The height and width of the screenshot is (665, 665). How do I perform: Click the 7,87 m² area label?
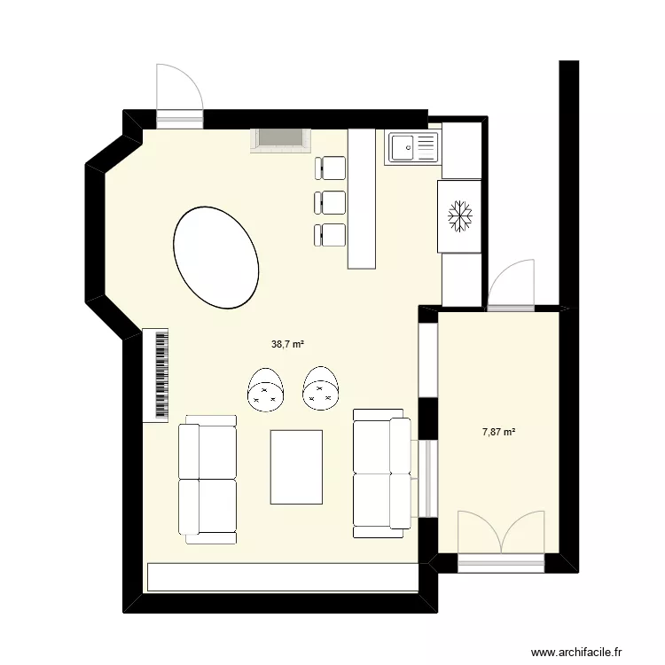pos(499,432)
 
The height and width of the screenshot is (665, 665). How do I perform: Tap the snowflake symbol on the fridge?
pos(459,215)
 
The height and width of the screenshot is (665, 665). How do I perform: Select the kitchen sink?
pos(412,147)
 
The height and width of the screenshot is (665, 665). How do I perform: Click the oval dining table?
pos(216,257)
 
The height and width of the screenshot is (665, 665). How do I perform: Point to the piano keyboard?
pos(157,375)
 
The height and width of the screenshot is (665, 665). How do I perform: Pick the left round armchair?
pos(266,390)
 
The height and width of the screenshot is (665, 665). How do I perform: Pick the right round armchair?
pos(322,390)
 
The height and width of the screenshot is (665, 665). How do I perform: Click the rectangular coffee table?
pos(296,465)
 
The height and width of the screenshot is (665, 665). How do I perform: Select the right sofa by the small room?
pos(382,473)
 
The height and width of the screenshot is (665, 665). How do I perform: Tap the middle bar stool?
pos(332,202)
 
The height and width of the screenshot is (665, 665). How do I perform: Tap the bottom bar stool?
pos(332,235)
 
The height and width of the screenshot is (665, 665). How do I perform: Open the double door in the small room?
pos(501,533)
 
